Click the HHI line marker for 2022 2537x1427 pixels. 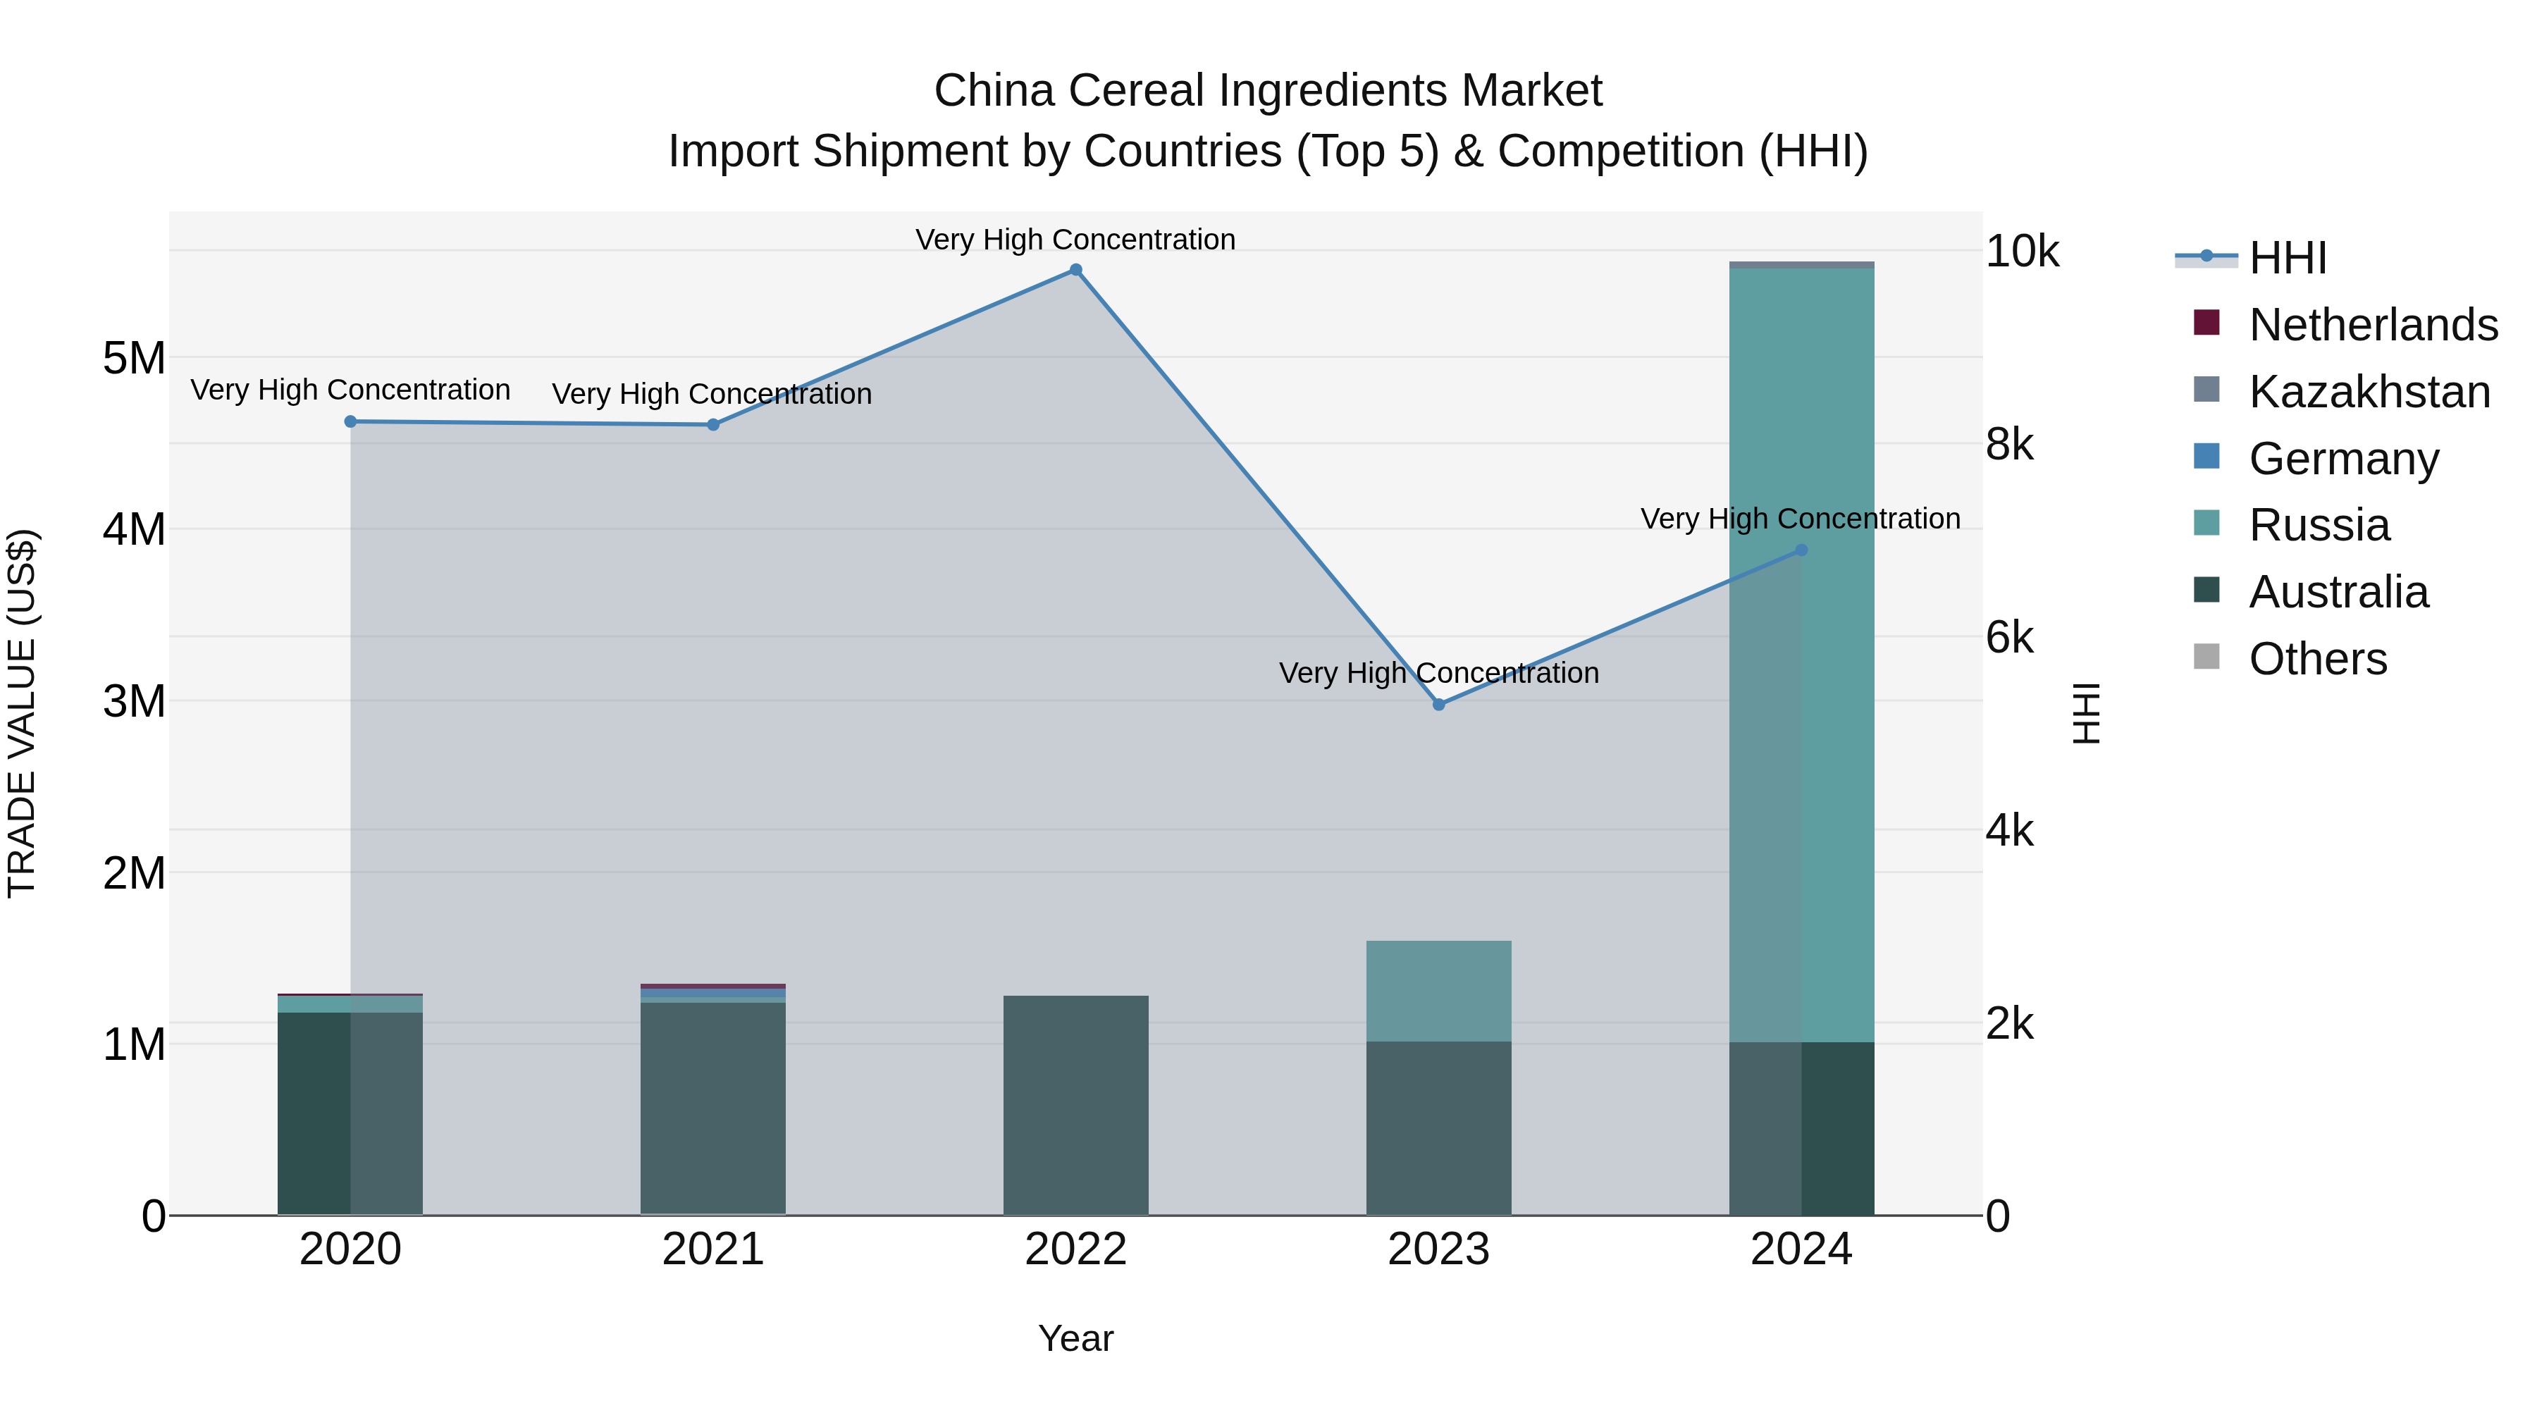click(1075, 270)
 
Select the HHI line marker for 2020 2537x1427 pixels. click(351, 421)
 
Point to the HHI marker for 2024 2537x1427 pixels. click(1801, 550)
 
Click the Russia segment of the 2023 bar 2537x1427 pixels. click(1439, 991)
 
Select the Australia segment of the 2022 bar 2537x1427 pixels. click(1075, 1105)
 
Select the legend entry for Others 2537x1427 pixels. click(2317, 659)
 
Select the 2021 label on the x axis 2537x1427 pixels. click(713, 1249)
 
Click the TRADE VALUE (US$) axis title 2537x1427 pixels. click(22, 713)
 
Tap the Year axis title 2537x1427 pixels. click(1075, 1338)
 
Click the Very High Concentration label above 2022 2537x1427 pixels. click(1075, 240)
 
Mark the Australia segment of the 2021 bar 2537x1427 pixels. click(713, 1108)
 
